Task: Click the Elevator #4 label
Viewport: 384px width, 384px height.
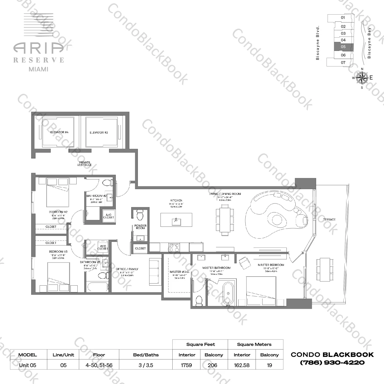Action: coord(59,132)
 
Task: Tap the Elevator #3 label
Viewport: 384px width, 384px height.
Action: coord(99,132)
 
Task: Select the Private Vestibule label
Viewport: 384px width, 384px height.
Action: coord(85,164)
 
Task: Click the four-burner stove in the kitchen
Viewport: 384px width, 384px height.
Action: coord(174,247)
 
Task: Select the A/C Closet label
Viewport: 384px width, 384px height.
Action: coord(109,216)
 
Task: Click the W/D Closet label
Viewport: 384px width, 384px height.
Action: coord(102,247)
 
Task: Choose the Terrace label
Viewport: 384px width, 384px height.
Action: coord(329,220)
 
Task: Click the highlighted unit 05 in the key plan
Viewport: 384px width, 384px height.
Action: coord(343,47)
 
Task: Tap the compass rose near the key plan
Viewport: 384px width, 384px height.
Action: coord(362,77)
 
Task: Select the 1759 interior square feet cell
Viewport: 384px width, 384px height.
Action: coord(186,365)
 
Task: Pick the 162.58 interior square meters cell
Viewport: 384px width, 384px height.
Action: coord(242,365)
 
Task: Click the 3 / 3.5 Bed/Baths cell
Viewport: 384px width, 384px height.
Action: coord(146,365)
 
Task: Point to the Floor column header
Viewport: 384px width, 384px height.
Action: coord(99,355)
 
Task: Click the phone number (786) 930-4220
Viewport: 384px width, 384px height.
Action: coord(332,363)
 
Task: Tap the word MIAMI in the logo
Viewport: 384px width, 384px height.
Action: coord(39,69)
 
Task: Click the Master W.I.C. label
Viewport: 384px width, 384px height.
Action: coord(179,272)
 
